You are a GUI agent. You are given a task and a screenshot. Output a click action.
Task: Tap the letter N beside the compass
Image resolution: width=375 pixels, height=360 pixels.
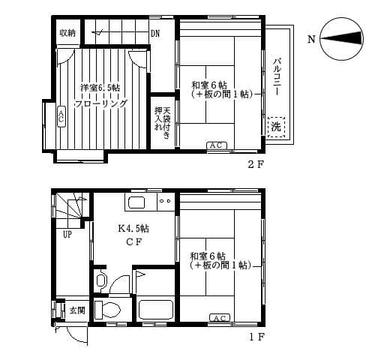311,39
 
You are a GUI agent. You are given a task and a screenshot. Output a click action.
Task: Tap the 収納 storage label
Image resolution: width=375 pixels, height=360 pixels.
67,33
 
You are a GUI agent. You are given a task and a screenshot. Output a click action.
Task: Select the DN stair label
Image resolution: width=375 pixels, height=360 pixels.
155,33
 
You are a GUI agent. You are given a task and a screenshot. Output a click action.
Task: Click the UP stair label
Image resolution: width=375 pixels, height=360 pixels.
67,234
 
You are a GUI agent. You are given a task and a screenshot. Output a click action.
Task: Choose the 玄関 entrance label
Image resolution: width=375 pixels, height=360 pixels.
77,309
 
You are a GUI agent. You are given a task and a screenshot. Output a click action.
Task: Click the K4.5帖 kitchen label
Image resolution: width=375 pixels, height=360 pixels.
133,229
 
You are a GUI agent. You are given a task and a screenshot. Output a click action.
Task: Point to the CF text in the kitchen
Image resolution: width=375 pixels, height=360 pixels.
133,241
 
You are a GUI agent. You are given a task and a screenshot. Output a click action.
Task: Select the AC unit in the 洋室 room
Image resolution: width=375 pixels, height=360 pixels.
61,115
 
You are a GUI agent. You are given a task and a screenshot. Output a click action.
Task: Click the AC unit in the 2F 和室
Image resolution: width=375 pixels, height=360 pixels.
216,145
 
